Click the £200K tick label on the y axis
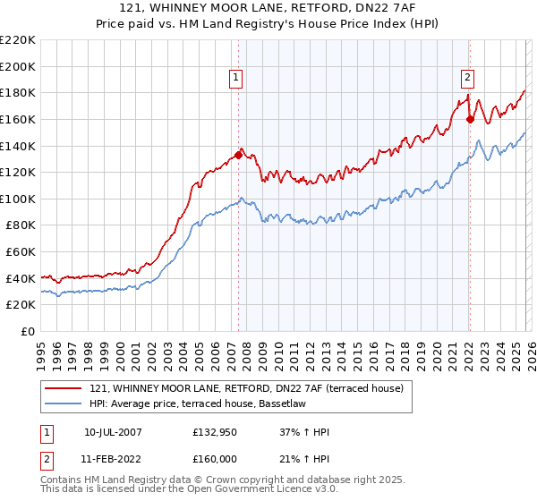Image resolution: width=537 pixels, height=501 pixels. click(18, 66)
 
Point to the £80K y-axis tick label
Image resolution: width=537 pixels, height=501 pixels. click(21, 225)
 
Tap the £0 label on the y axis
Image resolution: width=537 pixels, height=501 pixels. click(29, 332)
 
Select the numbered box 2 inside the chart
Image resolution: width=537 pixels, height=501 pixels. click(467, 78)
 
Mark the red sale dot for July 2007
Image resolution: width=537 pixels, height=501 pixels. click(238, 155)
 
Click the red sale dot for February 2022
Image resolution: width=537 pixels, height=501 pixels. click(470, 118)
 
